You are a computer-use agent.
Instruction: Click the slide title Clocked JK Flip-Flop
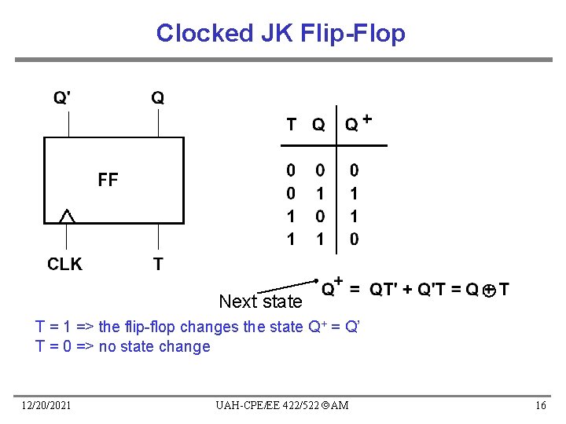(281, 33)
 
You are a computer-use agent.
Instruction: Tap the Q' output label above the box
(62, 98)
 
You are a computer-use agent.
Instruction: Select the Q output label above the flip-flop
(158, 98)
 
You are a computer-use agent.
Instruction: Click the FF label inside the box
(108, 180)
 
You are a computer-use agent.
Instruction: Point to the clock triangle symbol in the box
(68, 215)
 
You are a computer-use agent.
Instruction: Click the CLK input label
(64, 264)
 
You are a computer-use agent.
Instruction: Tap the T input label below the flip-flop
(158, 264)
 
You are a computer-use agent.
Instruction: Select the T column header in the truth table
(291, 124)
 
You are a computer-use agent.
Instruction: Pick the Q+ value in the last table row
(354, 238)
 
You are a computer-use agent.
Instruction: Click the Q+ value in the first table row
(354, 169)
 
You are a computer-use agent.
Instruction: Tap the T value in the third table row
(291, 215)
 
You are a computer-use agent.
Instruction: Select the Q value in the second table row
(320, 192)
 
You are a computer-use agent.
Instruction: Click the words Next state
(260, 302)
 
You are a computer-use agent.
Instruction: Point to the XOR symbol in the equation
(488, 291)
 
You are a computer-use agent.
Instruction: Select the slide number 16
(540, 404)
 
